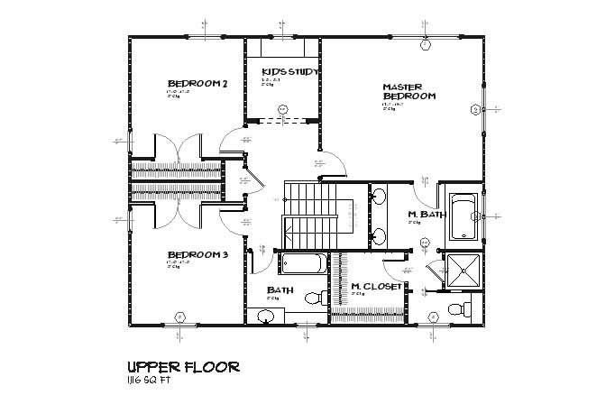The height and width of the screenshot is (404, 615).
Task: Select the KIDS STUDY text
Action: coord(285,71)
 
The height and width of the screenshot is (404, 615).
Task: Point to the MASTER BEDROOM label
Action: coord(409,91)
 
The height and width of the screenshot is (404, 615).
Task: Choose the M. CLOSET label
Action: coord(376,286)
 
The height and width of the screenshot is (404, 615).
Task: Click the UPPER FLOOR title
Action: coord(183,367)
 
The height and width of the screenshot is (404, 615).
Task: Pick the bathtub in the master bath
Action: coord(463,216)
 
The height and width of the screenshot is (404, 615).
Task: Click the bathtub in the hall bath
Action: coord(305,264)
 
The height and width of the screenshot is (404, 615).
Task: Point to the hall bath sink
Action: coord(266,315)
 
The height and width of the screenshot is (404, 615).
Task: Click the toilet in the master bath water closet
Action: coord(460,309)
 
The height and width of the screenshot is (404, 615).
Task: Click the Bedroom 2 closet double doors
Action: coord(177,147)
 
